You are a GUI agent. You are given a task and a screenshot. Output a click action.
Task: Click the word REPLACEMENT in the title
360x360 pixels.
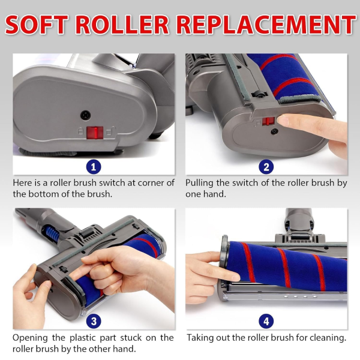coord(266,25)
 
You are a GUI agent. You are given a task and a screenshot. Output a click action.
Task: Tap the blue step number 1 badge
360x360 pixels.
coord(94,167)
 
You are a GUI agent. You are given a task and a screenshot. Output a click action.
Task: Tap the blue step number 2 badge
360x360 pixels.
coord(266,167)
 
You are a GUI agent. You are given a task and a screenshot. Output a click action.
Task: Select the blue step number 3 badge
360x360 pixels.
coord(94,321)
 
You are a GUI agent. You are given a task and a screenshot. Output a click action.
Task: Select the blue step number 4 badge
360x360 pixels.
coord(266,321)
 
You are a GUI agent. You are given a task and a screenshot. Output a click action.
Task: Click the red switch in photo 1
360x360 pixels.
coord(95,133)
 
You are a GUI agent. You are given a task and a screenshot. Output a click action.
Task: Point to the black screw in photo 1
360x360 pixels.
coord(85,115)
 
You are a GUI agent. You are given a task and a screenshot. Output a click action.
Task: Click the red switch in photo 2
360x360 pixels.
coord(268,121)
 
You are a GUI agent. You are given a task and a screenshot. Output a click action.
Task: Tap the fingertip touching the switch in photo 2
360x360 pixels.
coord(283,121)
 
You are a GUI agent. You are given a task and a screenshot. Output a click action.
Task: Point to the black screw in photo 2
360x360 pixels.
coord(275,131)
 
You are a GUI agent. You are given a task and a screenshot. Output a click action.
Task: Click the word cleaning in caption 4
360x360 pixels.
coord(328,338)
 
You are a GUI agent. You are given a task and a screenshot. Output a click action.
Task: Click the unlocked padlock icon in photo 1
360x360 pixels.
coord(111,131)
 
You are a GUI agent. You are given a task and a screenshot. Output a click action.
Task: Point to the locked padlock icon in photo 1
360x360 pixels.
coord(80,131)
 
